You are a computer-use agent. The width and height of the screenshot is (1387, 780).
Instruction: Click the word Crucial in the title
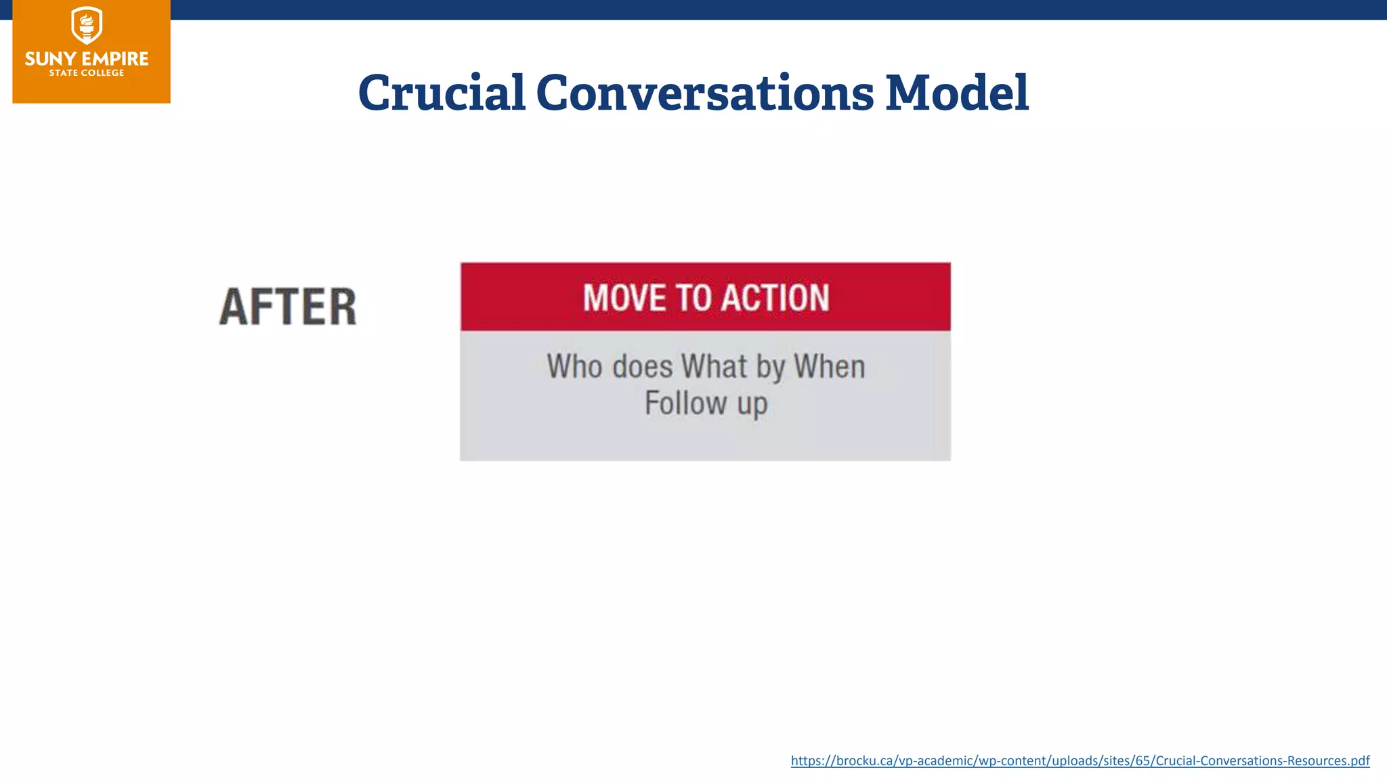point(442,93)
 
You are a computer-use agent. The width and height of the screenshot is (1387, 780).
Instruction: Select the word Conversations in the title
point(704,93)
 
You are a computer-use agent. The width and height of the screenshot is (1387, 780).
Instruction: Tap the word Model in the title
point(957,93)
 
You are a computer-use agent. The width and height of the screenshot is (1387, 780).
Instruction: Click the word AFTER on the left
point(288,307)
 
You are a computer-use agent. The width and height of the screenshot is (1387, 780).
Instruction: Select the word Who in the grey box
point(574,366)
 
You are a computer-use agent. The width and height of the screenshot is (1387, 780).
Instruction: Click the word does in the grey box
point(642,366)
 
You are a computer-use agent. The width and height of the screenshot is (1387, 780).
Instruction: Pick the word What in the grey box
point(714,366)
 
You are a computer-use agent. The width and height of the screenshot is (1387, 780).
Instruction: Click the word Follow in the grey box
point(685,403)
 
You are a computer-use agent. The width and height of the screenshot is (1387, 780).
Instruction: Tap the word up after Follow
point(752,404)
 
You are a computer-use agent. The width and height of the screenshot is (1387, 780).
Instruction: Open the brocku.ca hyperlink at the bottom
point(1080,760)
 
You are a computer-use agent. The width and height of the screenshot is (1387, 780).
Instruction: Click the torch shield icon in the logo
point(87,26)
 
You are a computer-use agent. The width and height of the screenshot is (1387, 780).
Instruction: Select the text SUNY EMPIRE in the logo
point(87,59)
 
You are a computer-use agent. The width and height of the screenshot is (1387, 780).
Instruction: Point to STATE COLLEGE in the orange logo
point(87,73)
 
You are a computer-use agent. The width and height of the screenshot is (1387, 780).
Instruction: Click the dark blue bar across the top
point(745,9)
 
